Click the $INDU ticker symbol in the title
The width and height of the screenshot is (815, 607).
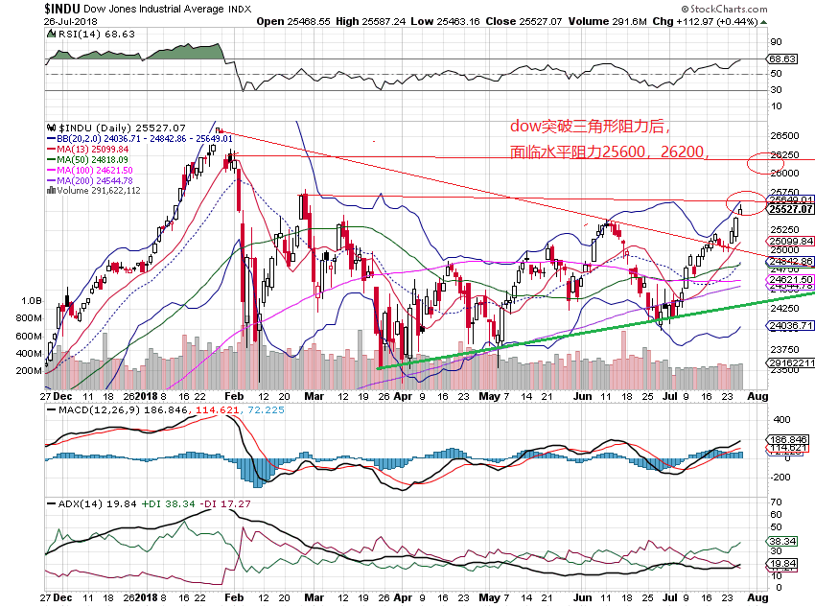click(x=21, y=8)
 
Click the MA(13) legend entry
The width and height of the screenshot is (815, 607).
click(x=90, y=149)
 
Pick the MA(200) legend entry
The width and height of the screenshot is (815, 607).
click(x=92, y=180)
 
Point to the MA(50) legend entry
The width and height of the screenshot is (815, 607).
click(x=90, y=159)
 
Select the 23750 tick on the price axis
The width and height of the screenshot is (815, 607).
click(x=785, y=350)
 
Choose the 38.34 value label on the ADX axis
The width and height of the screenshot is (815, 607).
click(x=779, y=541)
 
